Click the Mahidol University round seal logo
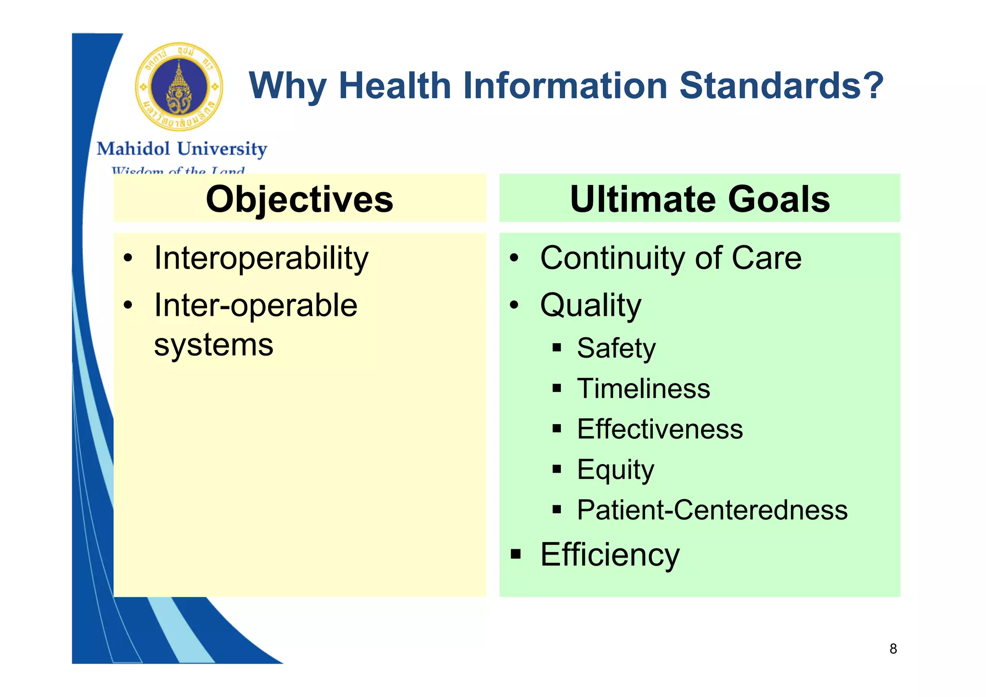point(179,87)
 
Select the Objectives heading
point(299,199)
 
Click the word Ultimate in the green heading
point(642,199)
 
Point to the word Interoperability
point(261,259)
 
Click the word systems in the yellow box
point(214,345)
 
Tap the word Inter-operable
point(256,306)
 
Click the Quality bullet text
point(591,306)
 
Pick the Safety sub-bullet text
point(616,348)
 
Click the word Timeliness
point(643,388)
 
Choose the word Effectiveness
point(660,429)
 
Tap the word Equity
point(615,470)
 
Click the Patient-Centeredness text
point(712,510)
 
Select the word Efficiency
point(610,555)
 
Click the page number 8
point(893,649)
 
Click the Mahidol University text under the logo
point(182,149)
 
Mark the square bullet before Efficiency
point(516,554)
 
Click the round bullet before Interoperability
point(128,258)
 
